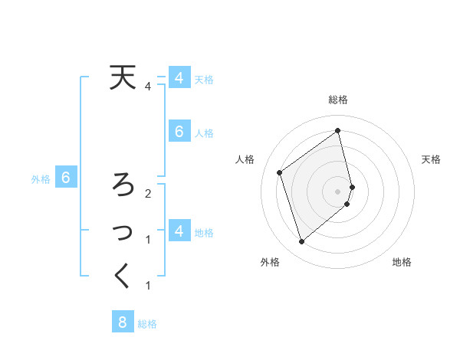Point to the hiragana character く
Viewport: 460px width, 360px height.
click(121, 277)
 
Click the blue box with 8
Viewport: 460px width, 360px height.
click(123, 322)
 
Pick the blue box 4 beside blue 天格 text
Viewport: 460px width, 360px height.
click(179, 77)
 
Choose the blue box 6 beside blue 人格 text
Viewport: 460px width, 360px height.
click(179, 132)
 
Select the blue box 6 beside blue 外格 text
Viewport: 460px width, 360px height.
click(66, 178)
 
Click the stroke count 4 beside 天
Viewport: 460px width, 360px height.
click(148, 87)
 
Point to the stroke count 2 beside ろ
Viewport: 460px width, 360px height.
click(148, 193)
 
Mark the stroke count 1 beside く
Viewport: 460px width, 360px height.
click(148, 286)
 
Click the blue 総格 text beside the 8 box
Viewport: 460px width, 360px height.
click(147, 324)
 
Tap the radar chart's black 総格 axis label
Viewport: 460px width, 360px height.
click(338, 100)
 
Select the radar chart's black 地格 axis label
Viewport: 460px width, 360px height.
click(402, 262)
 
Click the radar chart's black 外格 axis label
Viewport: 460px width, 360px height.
click(270, 262)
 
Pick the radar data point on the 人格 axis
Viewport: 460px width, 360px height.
click(280, 172)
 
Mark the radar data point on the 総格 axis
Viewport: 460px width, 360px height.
click(338, 130)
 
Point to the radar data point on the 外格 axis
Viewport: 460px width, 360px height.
click(301, 242)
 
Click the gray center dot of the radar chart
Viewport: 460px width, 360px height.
click(338, 191)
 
